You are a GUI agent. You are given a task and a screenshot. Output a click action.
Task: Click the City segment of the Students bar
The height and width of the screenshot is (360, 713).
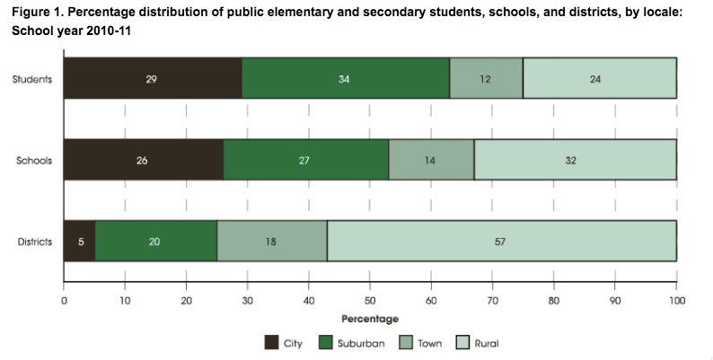point(153,78)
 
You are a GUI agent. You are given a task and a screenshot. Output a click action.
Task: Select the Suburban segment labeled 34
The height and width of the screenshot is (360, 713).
point(346,78)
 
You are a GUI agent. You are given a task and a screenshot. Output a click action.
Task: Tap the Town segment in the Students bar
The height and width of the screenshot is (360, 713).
point(486,78)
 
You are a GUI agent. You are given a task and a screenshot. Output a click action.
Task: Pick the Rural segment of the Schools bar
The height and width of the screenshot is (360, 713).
point(576,161)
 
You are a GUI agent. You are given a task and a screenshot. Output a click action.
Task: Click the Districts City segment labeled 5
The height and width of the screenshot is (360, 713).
point(79,241)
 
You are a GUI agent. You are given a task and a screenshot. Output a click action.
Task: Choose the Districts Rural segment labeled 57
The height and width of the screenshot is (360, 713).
point(502,241)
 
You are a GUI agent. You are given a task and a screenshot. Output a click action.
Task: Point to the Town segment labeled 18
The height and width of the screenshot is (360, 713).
point(272,241)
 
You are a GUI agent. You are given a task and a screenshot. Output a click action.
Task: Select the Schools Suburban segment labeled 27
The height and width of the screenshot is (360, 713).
point(305,161)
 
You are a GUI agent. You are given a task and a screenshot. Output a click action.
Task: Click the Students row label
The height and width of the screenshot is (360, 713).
point(32,78)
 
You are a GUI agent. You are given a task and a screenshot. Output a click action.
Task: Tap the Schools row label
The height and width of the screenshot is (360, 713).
point(34,161)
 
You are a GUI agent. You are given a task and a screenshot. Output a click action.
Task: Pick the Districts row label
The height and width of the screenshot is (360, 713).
point(34,241)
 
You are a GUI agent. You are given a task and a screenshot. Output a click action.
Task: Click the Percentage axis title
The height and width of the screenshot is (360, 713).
point(370,319)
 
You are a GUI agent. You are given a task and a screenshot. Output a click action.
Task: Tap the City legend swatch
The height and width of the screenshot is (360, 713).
point(271,343)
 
